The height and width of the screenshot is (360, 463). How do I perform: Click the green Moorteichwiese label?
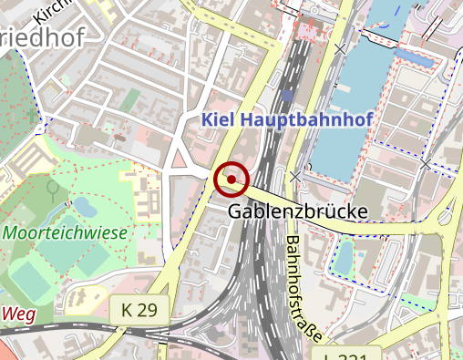(65, 232)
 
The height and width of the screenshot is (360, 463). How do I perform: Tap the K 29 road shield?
(139, 311)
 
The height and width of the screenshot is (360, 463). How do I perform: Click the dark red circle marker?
(231, 180)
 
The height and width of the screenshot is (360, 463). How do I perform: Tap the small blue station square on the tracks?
(287, 95)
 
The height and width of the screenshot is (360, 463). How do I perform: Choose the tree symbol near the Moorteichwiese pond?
(53, 188)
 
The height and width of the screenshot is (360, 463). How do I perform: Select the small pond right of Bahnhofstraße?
(344, 258)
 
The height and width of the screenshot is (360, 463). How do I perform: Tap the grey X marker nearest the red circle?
(294, 174)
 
